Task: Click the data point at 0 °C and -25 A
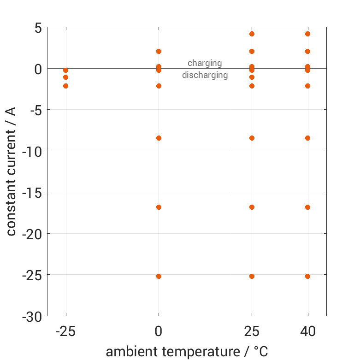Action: click(x=159, y=276)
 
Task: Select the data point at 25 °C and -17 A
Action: click(x=252, y=207)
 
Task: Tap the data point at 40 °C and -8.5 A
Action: click(x=307, y=138)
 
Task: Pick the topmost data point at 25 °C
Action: click(x=252, y=34)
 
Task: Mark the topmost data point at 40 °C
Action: click(x=307, y=34)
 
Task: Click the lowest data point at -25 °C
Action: click(x=65, y=86)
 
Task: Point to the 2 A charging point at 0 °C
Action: click(x=159, y=51)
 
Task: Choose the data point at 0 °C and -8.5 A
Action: click(x=159, y=138)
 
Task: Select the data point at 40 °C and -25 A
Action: click(x=307, y=276)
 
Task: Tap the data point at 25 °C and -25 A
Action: click(x=252, y=276)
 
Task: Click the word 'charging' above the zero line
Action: click(x=205, y=63)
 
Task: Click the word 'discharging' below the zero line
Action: click(x=205, y=75)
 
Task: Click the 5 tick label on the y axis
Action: click(x=37, y=28)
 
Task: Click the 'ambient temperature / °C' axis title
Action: click(x=187, y=352)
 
